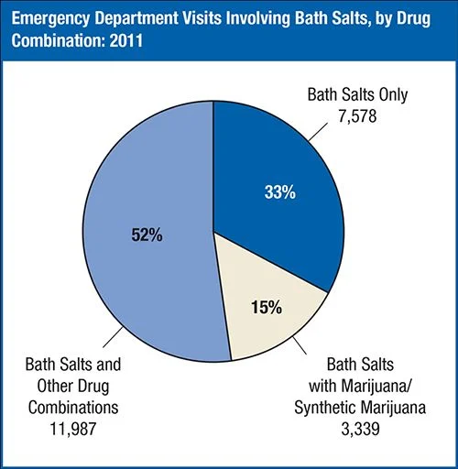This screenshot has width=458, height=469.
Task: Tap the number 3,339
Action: (x=362, y=427)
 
